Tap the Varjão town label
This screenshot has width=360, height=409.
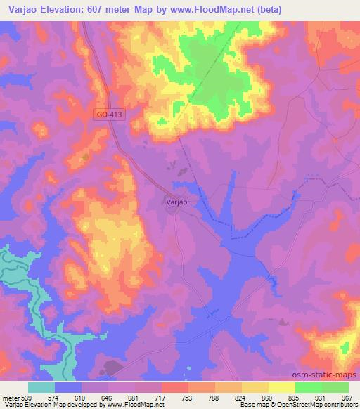coord(177,202)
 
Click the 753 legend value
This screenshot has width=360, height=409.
coord(188,397)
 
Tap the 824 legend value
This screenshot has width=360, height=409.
coord(241,397)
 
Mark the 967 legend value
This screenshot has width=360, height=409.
coord(347,397)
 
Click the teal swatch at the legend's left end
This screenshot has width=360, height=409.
coord(41,387)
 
